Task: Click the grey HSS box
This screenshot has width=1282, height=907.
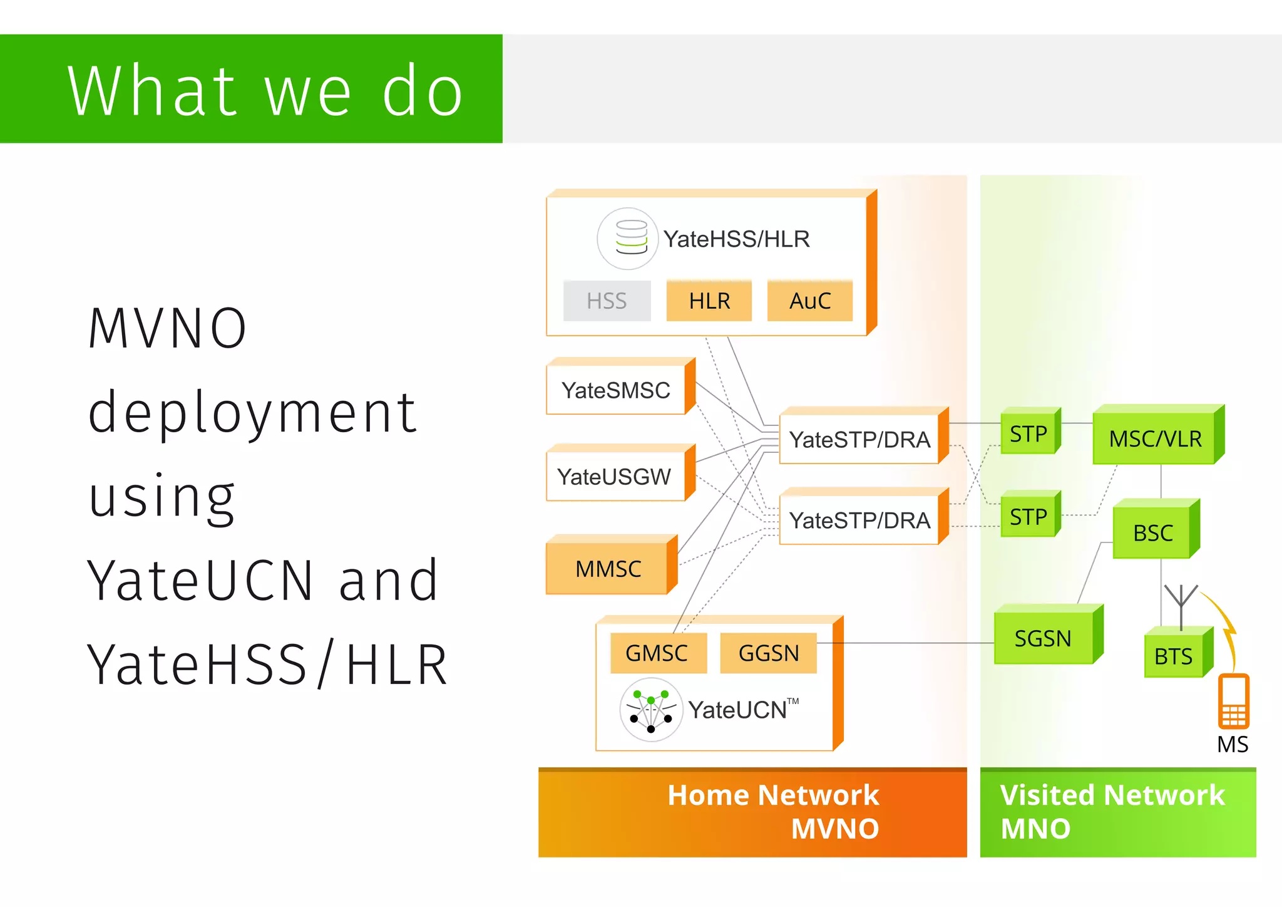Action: point(607,301)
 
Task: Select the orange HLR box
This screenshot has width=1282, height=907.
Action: point(709,301)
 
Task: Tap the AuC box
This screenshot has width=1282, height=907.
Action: point(809,301)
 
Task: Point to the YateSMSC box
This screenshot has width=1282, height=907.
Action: point(616,390)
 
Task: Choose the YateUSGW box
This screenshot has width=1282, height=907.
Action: point(614,477)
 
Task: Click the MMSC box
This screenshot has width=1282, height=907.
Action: point(607,569)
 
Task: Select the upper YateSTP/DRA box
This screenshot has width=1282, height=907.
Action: point(859,440)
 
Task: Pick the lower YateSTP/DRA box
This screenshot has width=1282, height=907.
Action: point(859,521)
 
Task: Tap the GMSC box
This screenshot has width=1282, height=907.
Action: point(657,653)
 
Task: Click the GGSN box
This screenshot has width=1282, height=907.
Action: point(768,653)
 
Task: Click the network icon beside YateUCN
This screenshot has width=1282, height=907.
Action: point(651,710)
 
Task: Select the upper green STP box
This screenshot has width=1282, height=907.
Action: point(1028,433)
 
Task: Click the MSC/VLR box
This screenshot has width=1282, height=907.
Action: point(1155,438)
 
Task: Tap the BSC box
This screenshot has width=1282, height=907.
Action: point(1152,533)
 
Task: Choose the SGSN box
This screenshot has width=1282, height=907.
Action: point(1043,638)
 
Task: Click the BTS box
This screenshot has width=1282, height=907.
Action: point(1173,656)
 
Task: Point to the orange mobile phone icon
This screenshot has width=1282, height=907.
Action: point(1233,702)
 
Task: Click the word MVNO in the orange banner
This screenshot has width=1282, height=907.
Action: point(834,829)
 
